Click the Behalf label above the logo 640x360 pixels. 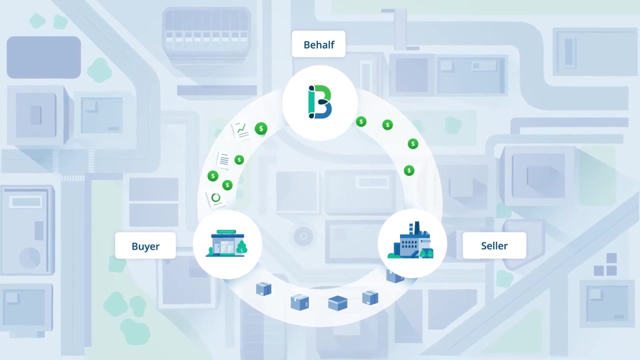(318, 45)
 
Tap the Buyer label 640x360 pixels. (145, 246)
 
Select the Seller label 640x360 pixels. (494, 246)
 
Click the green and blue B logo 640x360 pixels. (320, 102)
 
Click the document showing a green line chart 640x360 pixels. (242, 130)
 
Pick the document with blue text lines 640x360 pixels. (224, 160)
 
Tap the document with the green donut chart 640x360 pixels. (215, 198)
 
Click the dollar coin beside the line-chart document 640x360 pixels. (260, 129)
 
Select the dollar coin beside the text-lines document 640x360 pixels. (239, 160)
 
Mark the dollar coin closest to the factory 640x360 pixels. (409, 171)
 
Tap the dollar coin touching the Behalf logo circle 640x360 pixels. (361, 121)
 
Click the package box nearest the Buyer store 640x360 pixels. (263, 289)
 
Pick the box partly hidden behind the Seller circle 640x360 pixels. (394, 275)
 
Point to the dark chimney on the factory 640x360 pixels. (416, 229)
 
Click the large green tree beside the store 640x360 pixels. (242, 247)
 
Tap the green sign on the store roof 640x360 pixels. (226, 232)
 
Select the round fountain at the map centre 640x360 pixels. (303, 236)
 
